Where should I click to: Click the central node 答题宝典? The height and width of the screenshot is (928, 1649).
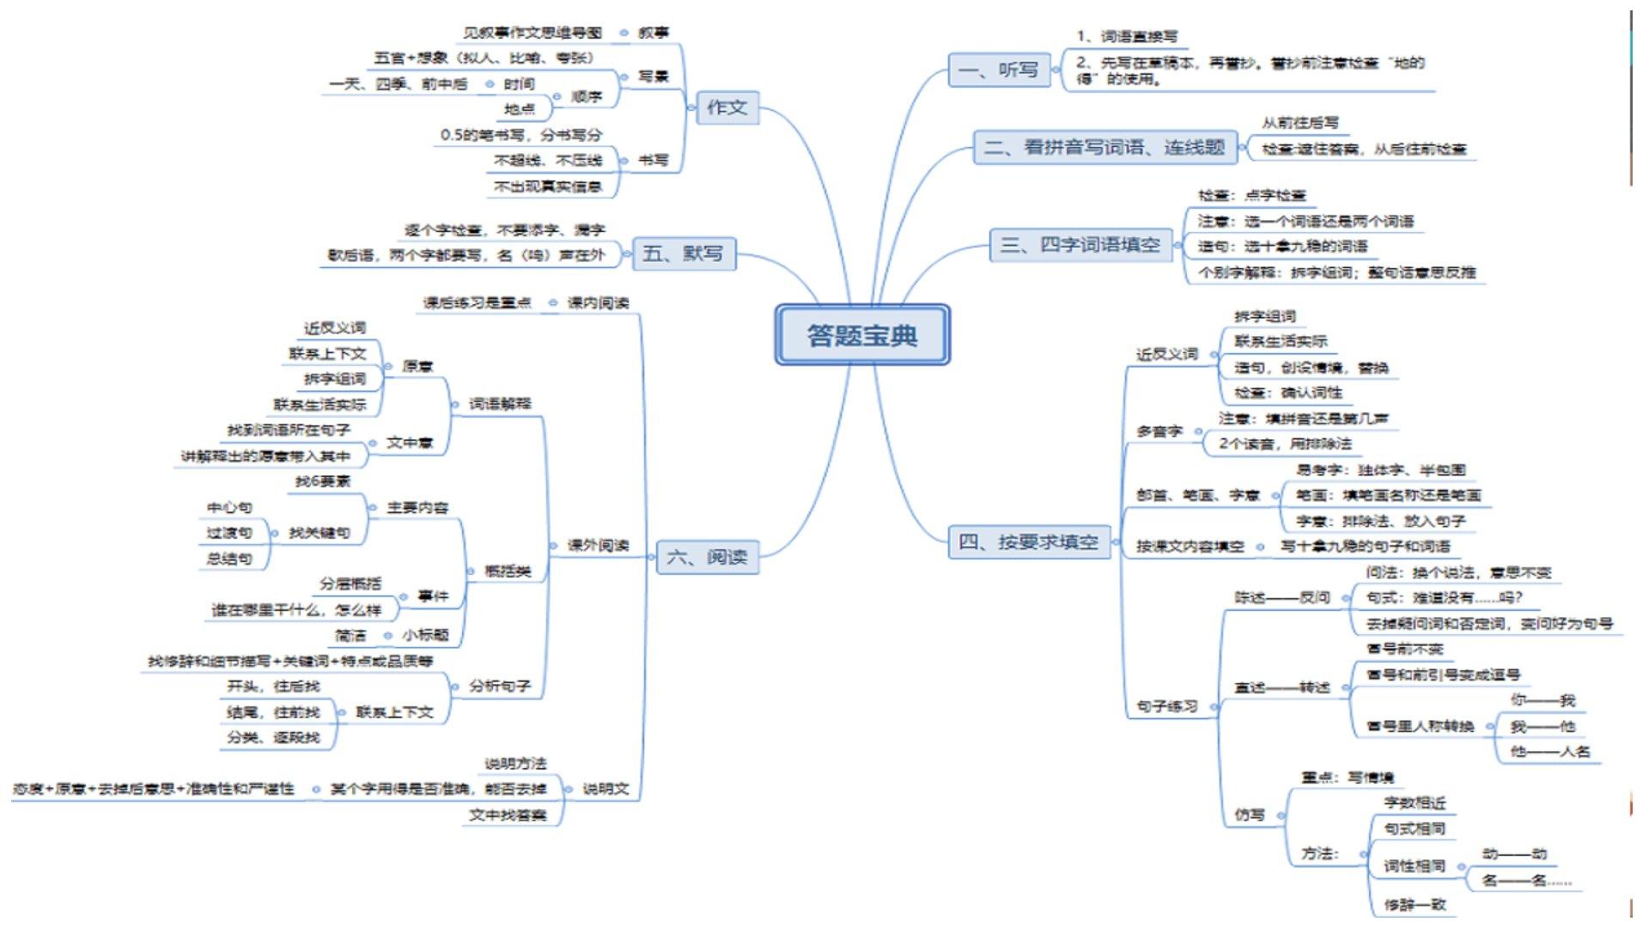(x=862, y=335)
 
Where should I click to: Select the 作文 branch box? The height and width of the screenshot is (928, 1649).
(x=727, y=107)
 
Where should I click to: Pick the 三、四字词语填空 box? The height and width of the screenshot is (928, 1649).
(x=1080, y=245)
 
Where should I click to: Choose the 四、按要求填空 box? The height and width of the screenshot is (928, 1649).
(x=1028, y=542)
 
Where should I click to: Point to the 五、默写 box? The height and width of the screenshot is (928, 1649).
(x=683, y=253)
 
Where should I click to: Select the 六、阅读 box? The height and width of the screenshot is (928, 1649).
(x=707, y=557)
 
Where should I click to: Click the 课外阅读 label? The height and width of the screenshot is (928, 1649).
(x=598, y=545)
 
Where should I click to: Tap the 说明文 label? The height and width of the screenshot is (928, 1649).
(x=605, y=789)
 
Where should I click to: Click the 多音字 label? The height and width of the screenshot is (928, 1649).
(x=1159, y=431)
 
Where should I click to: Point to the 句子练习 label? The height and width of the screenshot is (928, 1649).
(x=1166, y=706)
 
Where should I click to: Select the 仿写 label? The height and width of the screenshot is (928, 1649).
(x=1250, y=815)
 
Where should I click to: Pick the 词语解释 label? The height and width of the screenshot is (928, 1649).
(x=500, y=403)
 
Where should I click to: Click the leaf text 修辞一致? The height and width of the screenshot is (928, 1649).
(x=1415, y=904)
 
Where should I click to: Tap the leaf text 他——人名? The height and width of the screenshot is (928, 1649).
(x=1550, y=751)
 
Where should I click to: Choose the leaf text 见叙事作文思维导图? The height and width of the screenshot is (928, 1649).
(x=532, y=33)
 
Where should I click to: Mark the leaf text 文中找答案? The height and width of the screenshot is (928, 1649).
(x=507, y=815)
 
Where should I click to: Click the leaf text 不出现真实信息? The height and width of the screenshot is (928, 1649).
(x=547, y=186)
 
